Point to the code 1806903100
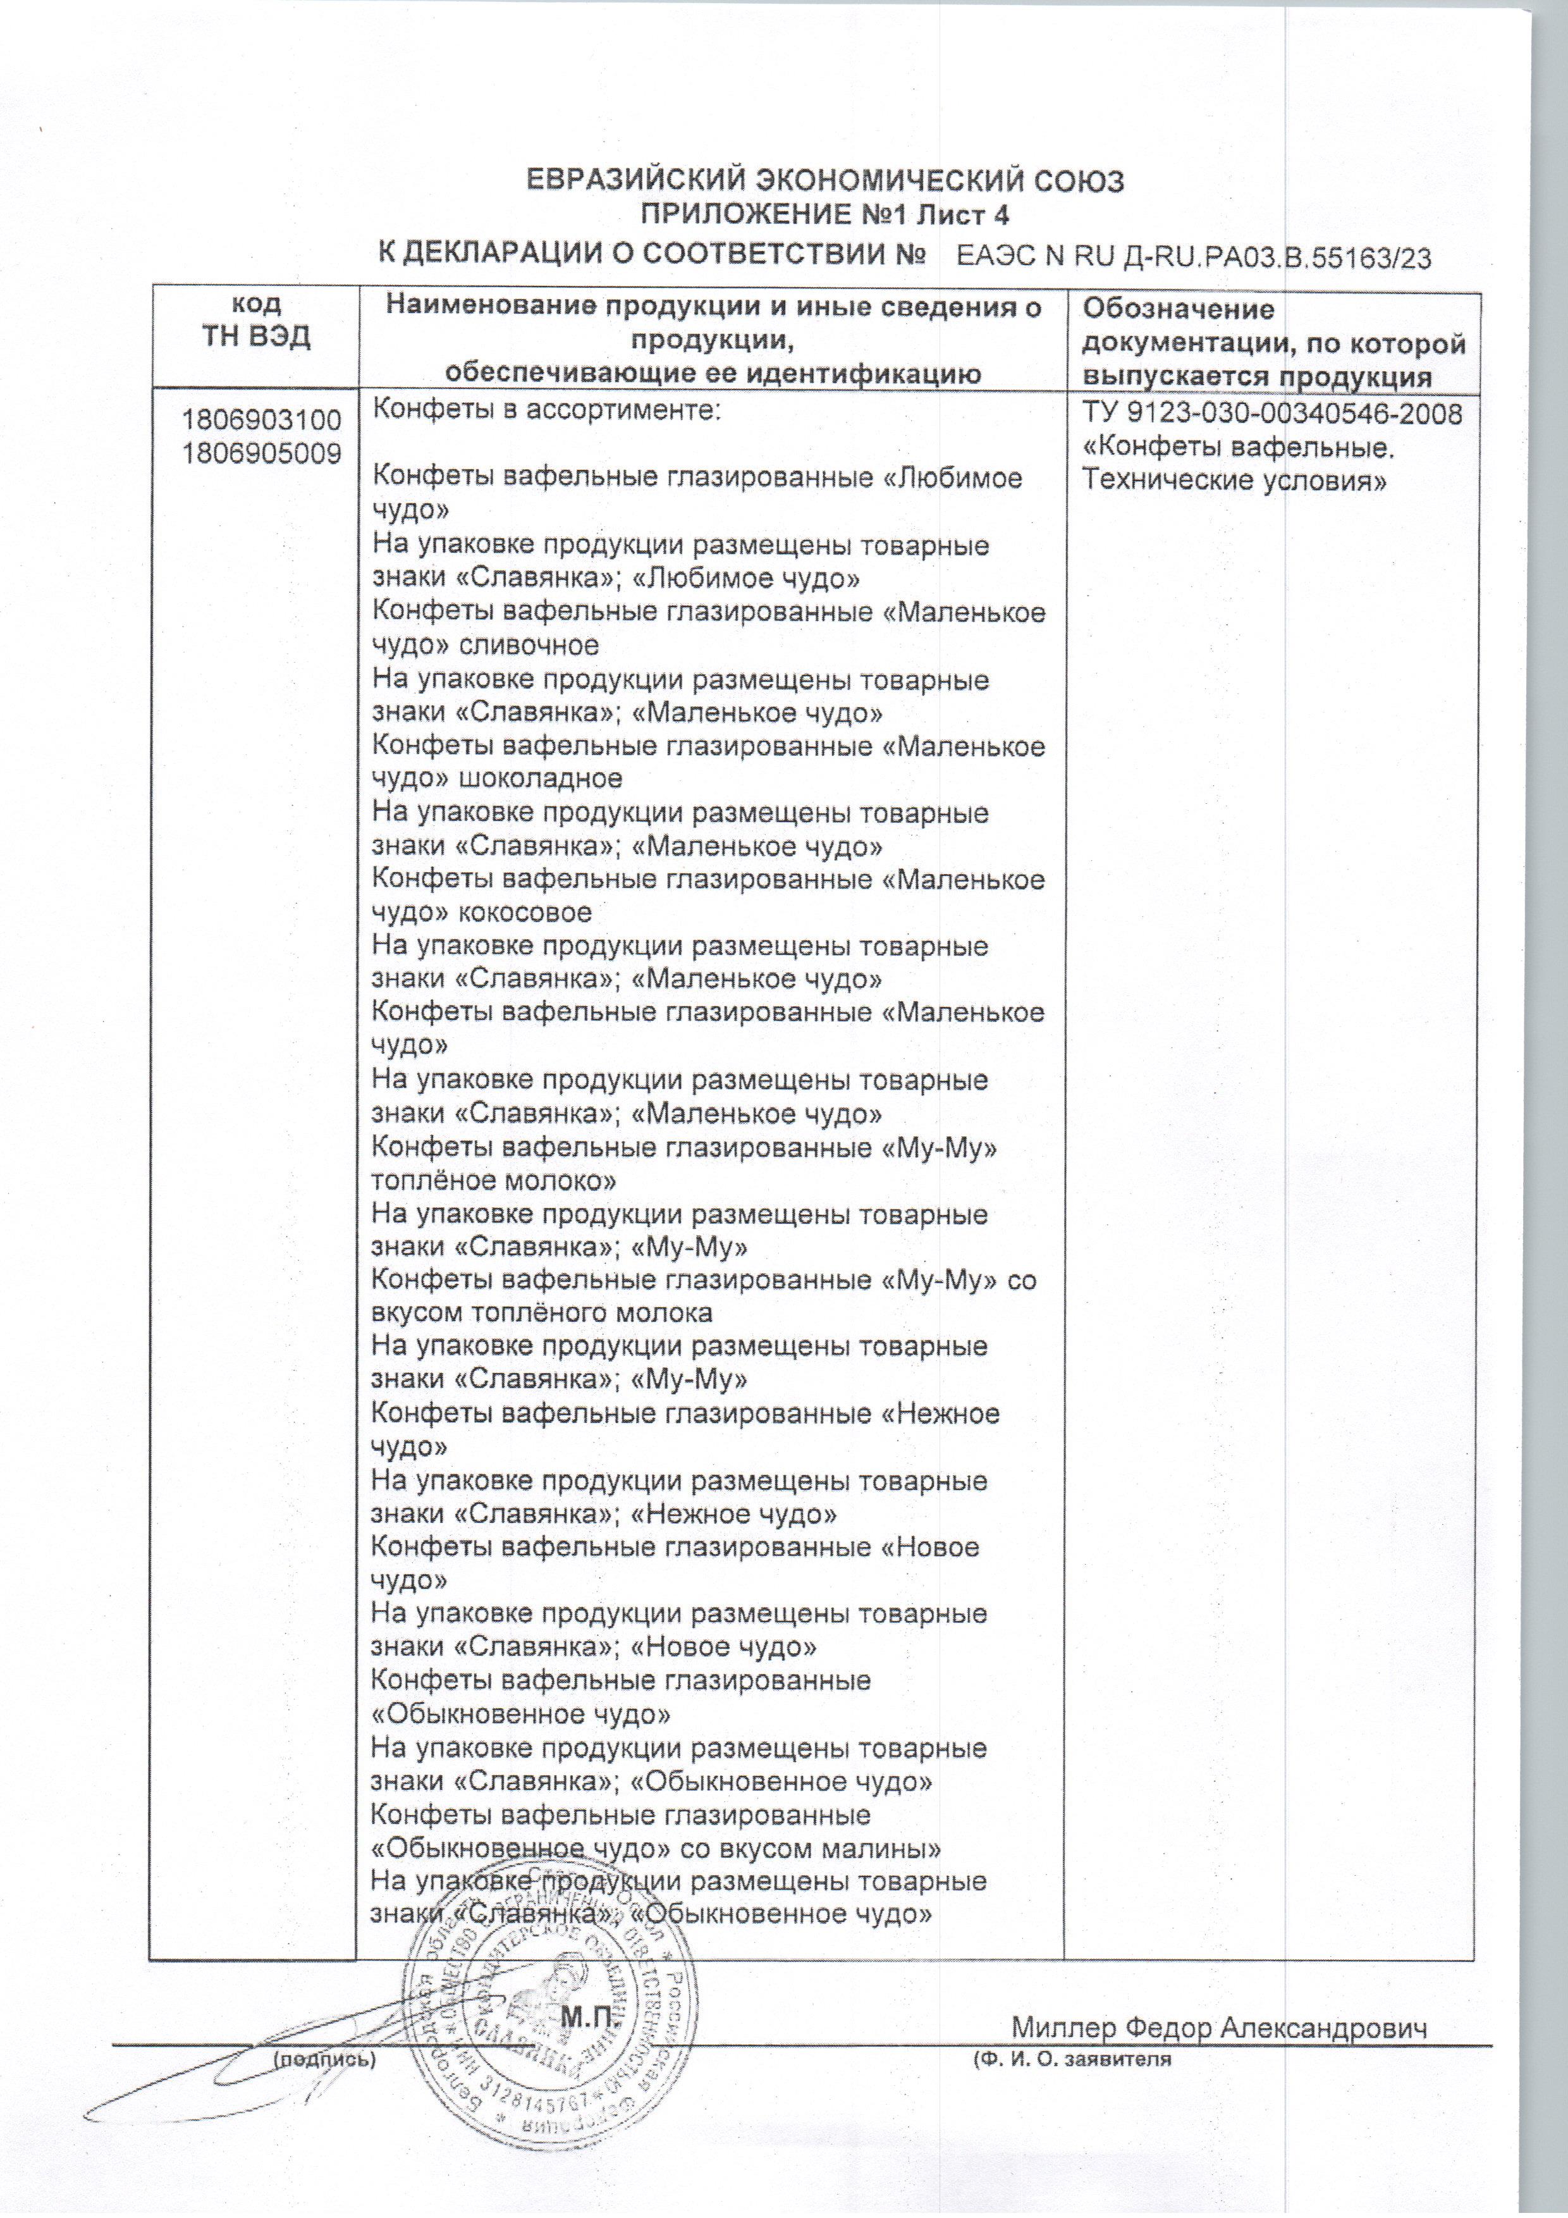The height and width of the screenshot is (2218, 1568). point(262,420)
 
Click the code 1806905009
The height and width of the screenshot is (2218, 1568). point(262,453)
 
